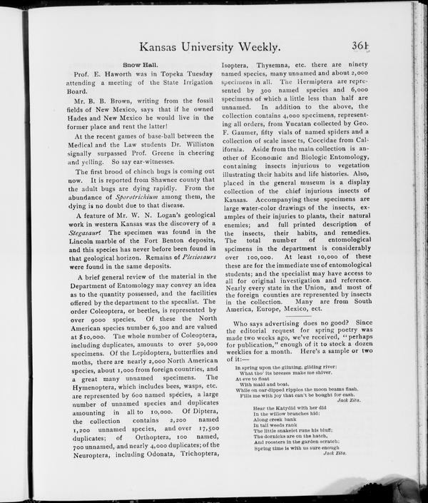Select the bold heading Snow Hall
click(x=140, y=63)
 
